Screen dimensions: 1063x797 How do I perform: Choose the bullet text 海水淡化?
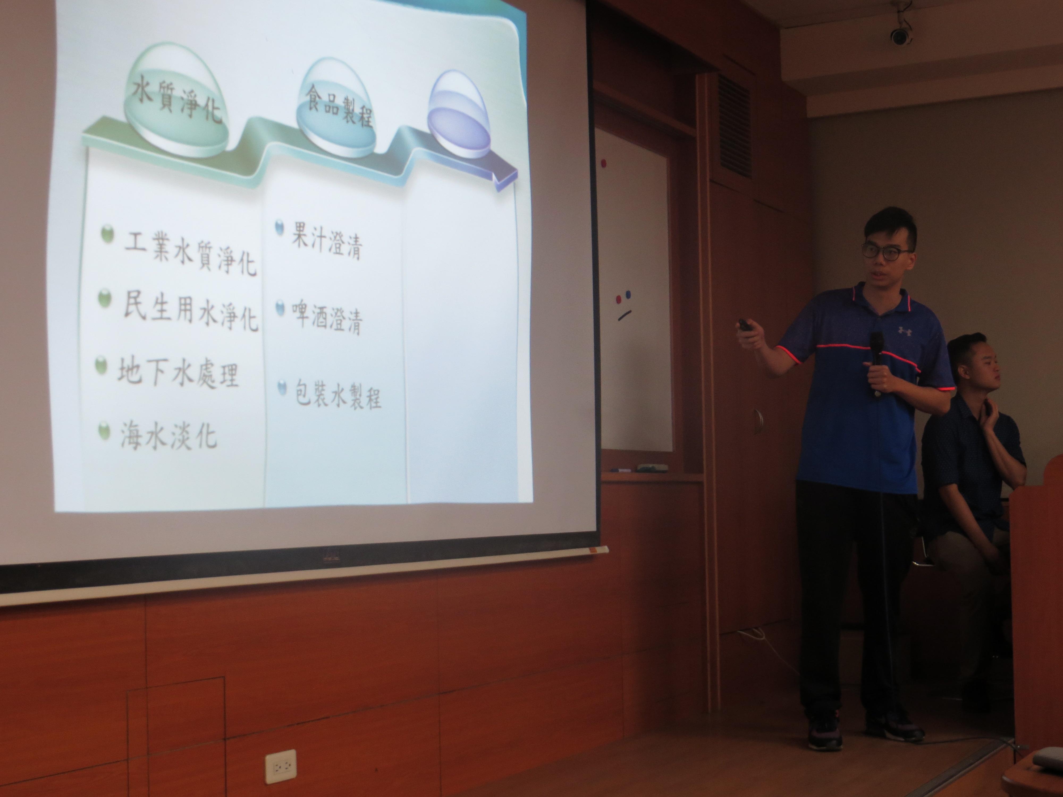point(168,435)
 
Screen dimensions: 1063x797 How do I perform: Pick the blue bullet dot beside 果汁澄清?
point(279,228)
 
